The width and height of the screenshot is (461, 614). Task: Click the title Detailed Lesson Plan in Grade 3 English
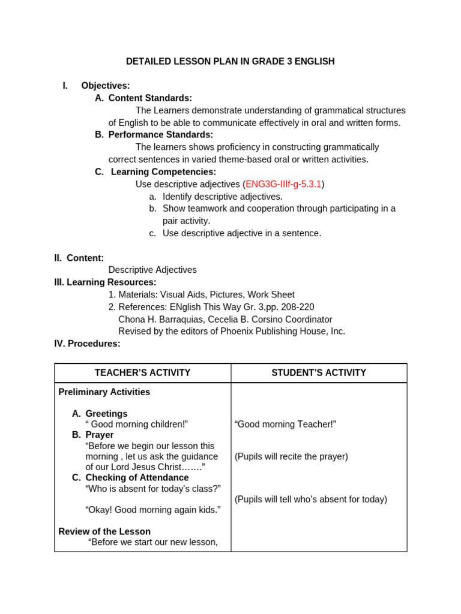(x=230, y=62)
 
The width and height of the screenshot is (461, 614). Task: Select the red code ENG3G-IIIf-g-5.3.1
(x=283, y=184)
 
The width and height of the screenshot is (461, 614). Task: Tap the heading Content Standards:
(x=150, y=98)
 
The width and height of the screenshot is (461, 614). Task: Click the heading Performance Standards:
(x=160, y=135)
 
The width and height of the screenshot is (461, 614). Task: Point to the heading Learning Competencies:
(x=163, y=172)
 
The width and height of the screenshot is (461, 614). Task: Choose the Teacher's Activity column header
(x=142, y=373)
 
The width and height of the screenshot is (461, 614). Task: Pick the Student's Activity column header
(x=318, y=373)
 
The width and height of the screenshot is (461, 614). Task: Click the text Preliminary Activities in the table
(x=104, y=392)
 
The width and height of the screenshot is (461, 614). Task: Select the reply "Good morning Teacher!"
(x=285, y=425)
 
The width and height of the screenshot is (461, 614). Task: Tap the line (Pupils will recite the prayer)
(x=291, y=456)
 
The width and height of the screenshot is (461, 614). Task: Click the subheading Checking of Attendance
(x=137, y=478)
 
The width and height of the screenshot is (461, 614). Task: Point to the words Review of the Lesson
(x=104, y=531)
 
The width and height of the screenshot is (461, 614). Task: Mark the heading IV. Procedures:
(x=87, y=344)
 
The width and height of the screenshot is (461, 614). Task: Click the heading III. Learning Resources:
(x=105, y=282)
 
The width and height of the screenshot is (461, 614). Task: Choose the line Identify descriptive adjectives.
(x=222, y=197)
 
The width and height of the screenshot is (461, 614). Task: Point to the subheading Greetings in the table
(x=106, y=414)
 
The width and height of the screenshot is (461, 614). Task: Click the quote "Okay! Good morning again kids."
(x=153, y=510)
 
